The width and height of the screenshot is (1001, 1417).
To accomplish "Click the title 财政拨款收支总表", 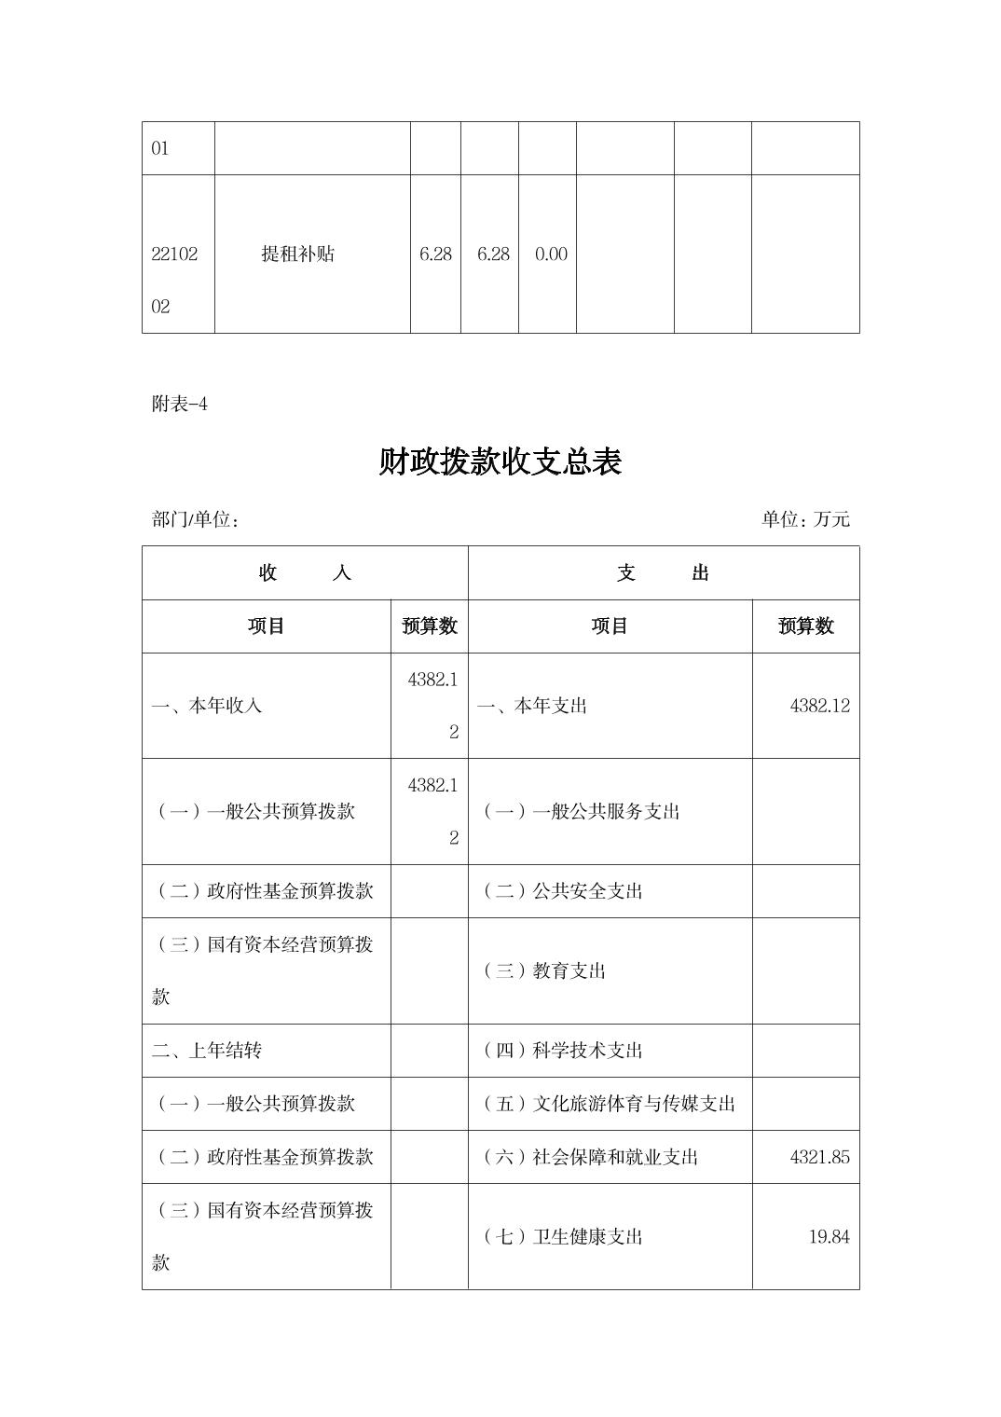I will [x=500, y=461].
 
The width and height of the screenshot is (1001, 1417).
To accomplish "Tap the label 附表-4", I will [x=179, y=405].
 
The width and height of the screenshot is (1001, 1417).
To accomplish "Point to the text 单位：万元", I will [x=805, y=519].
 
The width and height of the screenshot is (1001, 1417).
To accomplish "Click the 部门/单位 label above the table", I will [x=196, y=519].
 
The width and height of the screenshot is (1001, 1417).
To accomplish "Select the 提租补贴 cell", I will [x=297, y=254].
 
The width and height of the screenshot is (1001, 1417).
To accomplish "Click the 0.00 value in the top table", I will [x=551, y=254].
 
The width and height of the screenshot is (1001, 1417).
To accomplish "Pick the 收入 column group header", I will [x=305, y=573].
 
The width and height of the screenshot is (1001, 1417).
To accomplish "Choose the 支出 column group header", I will [x=663, y=573].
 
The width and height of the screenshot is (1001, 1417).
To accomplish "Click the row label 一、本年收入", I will [x=207, y=706].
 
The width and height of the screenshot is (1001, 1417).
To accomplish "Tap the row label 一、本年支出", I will [x=532, y=706].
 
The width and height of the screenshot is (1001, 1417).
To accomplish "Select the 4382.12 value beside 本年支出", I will [x=819, y=706].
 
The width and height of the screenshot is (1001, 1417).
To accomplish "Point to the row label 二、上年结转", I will [x=207, y=1051].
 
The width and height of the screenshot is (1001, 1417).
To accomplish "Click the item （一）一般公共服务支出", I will [x=581, y=811].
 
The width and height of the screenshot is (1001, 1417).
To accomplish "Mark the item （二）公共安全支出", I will [x=562, y=891].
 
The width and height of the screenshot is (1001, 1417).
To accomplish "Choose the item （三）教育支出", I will [x=543, y=971].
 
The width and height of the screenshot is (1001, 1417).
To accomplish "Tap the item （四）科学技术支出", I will [x=562, y=1051].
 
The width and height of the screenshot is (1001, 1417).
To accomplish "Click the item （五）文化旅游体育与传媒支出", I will [x=609, y=1104].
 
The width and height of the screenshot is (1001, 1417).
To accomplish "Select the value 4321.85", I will [x=819, y=1157].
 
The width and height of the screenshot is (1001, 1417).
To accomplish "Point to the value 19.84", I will [x=829, y=1237].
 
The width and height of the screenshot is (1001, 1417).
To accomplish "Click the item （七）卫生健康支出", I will [x=562, y=1237].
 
